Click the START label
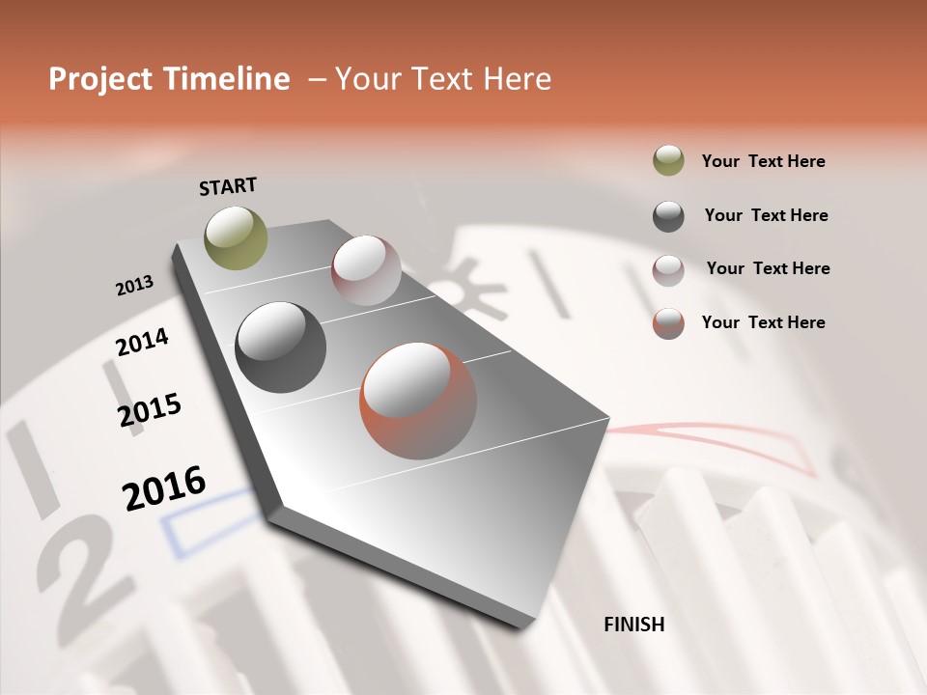click(228, 186)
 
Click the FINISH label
click(634, 625)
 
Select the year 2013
click(135, 286)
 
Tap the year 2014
click(143, 342)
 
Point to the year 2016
click(164, 487)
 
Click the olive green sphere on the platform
click(237, 237)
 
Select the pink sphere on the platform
click(366, 270)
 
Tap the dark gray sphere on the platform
click(280, 347)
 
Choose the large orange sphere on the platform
click(418, 401)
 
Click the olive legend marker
click(668, 161)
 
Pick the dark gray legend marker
click(668, 216)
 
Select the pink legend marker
click(668, 269)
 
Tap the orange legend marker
click(668, 323)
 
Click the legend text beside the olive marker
click(764, 161)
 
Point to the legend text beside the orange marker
click(764, 322)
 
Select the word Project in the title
click(98, 79)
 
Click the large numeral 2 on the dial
click(92, 570)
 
